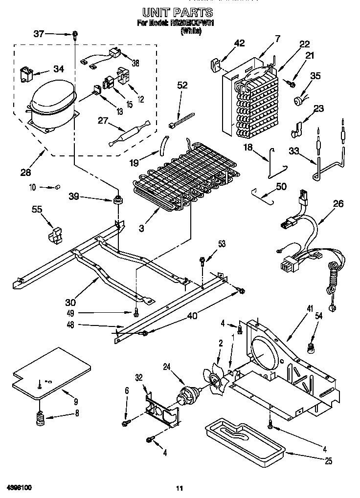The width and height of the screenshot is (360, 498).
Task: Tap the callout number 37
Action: pyautogui.click(x=39, y=34)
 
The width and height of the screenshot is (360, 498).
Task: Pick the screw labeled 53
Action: pyautogui.click(x=201, y=260)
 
